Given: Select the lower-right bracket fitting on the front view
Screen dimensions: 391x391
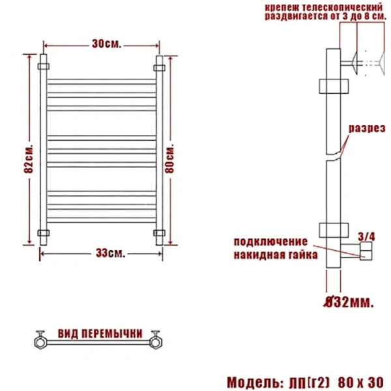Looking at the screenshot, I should tap(158, 233).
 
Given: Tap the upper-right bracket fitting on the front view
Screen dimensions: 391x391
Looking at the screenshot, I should tap(158, 66).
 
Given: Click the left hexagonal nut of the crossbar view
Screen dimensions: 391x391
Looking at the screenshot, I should tap(40, 340).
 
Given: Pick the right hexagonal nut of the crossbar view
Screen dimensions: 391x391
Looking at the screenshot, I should tap(156, 340).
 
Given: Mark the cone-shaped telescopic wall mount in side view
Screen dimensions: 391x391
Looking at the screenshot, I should tap(355, 63).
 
